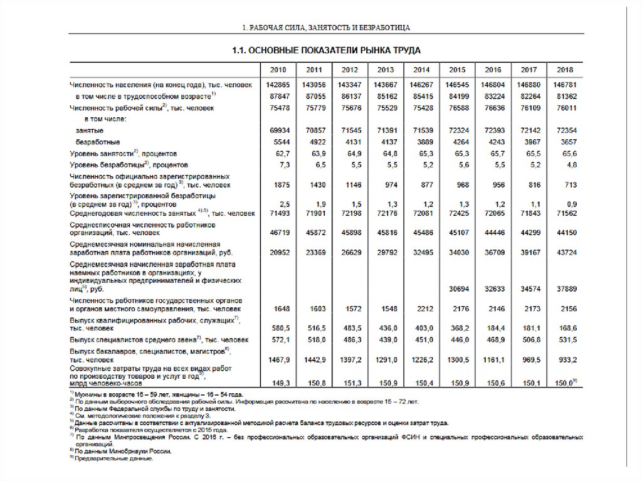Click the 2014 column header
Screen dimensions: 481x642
(421, 70)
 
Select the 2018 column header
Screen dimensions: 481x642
(565, 70)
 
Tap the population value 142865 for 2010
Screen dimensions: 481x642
(278, 84)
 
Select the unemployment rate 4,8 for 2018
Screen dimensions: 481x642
(569, 164)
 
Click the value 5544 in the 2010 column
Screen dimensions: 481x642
(280, 142)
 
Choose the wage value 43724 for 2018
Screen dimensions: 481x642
(566, 252)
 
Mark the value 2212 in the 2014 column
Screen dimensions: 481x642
(423, 309)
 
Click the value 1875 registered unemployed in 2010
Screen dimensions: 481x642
(280, 185)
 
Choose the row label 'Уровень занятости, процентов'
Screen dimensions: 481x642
(123, 153)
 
